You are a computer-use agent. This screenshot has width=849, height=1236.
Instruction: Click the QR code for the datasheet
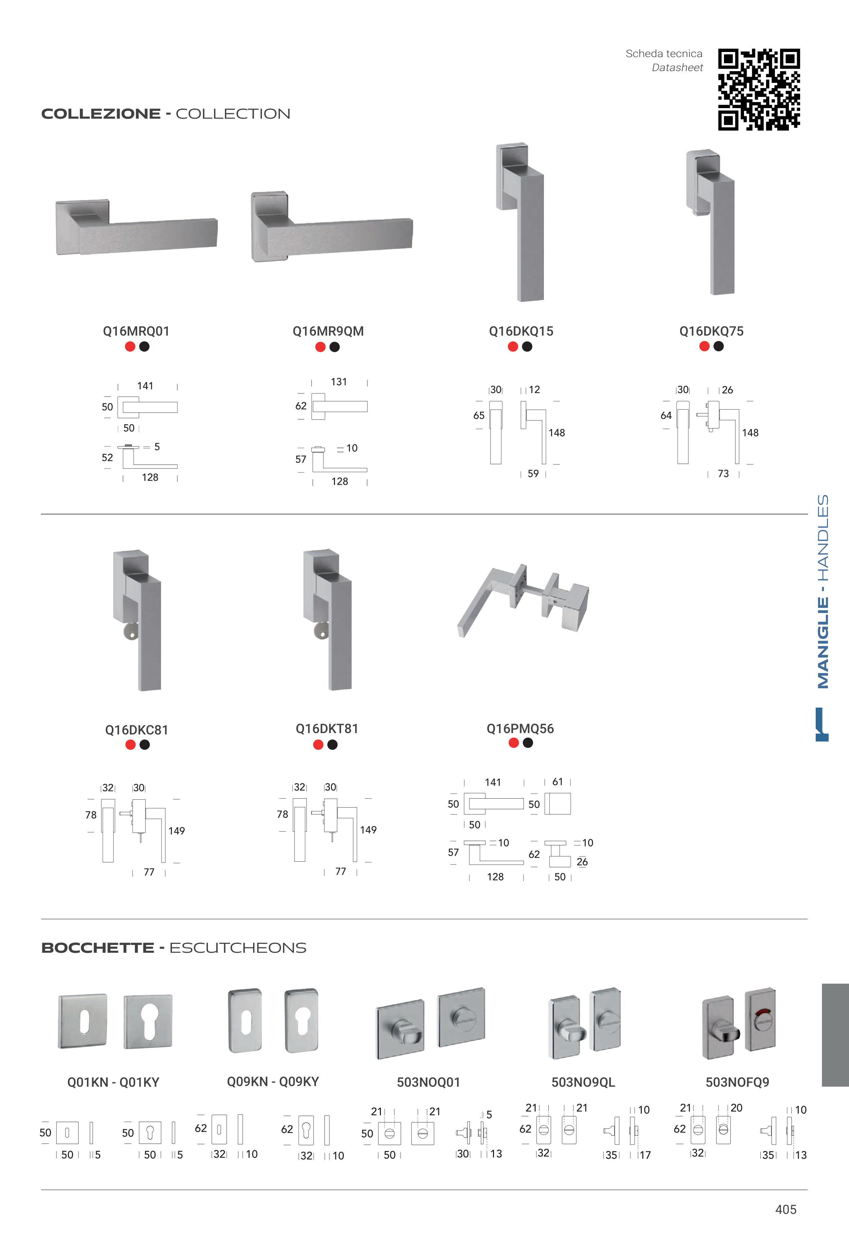[x=759, y=89]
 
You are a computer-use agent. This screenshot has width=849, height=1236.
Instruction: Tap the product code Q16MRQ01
[x=136, y=331]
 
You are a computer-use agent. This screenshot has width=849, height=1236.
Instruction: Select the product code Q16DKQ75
[x=711, y=331]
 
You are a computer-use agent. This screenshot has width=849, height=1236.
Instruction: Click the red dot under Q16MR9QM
[x=320, y=347]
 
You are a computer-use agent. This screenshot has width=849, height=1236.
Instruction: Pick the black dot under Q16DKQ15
[x=527, y=346]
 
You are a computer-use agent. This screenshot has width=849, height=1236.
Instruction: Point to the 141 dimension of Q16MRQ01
[x=145, y=386]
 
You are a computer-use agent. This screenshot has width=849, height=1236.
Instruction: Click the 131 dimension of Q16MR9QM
[x=339, y=382]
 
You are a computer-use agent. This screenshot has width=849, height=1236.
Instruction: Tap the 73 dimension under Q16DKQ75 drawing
[x=723, y=473]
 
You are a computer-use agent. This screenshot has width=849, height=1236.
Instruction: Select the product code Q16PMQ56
[x=520, y=729]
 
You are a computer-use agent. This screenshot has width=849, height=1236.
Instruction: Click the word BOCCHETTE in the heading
[x=98, y=948]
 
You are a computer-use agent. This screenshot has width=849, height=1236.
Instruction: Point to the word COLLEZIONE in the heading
[x=101, y=114]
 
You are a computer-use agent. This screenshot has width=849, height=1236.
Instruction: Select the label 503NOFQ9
[x=737, y=1082]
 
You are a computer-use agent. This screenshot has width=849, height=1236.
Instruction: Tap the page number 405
[x=786, y=1209]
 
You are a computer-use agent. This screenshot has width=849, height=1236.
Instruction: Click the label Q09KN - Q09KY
[x=273, y=1082]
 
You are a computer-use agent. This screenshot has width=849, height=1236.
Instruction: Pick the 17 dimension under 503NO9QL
[x=645, y=1155]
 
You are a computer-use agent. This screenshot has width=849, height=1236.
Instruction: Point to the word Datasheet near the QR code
[x=677, y=68]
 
